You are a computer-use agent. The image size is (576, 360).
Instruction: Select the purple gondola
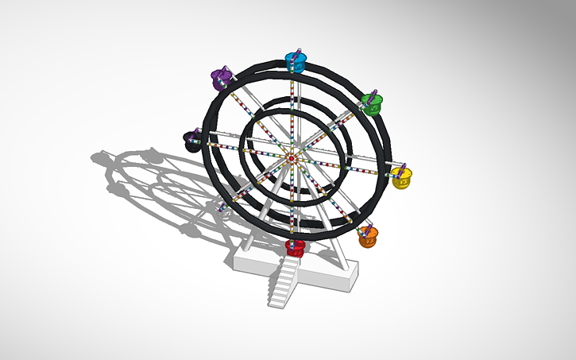coord(220,77)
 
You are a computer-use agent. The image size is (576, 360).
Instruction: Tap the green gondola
coord(372,102)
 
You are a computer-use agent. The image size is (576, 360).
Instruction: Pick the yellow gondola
coord(403,178)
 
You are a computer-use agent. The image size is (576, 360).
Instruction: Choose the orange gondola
coord(368,237)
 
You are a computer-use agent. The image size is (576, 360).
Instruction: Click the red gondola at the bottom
coord(296,247)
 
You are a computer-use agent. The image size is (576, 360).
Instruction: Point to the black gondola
coord(193,141)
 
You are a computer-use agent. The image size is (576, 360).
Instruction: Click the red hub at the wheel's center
coord(292,159)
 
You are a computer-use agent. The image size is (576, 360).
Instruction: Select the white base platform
coord(334,274)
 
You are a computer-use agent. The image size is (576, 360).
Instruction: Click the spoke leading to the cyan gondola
coord(293,111)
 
